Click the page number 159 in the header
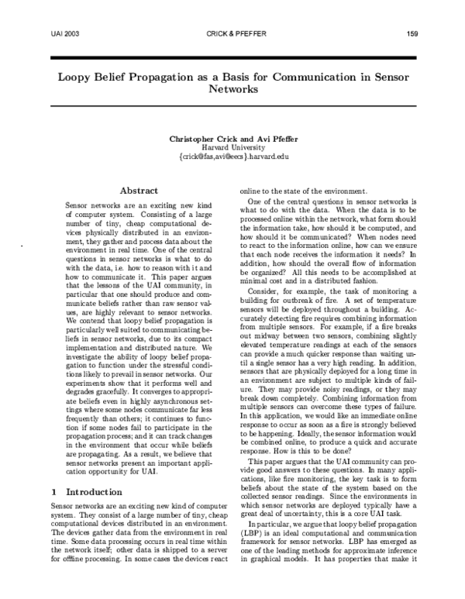pos(413,35)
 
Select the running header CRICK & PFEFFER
pos(232,35)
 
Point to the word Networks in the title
pos(232,89)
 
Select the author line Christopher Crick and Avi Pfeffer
pos(232,139)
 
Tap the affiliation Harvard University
pos(232,147)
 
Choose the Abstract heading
pos(139,191)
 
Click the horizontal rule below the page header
pos(232,57)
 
